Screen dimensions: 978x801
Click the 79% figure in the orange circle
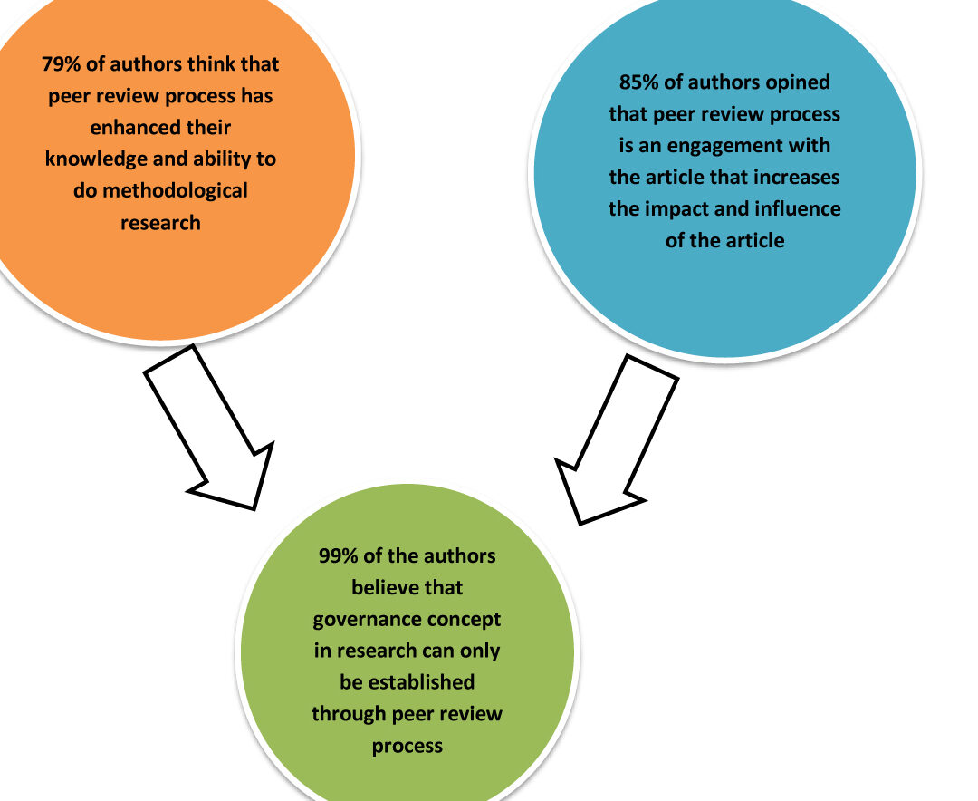tap(62, 64)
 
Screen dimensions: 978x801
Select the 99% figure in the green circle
tap(338, 555)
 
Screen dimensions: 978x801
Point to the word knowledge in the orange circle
tap(95, 159)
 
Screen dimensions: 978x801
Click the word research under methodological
tap(160, 223)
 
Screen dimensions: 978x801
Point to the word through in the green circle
tap(350, 714)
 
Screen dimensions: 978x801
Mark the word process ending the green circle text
tap(407, 747)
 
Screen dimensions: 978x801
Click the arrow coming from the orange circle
tap(209, 428)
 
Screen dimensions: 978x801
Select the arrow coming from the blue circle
tap(617, 439)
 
